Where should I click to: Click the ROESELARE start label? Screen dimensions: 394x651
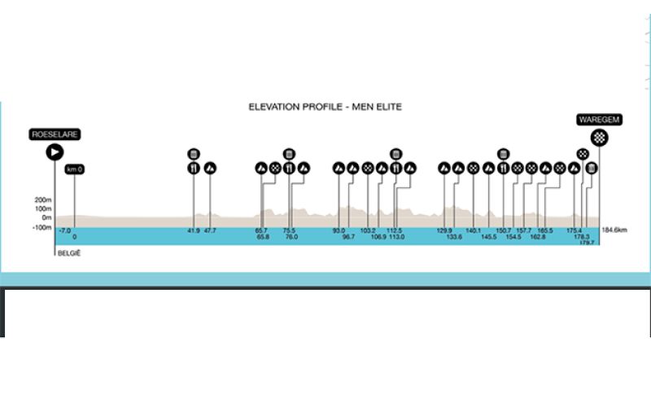click(x=55, y=134)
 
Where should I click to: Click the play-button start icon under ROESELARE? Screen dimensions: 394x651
click(x=55, y=151)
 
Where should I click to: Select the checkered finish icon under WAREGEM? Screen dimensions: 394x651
click(x=600, y=137)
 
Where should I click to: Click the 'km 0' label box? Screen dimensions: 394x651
click(x=75, y=169)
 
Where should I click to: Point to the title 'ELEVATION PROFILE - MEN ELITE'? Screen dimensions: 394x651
click(x=325, y=107)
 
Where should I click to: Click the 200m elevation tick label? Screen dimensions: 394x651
click(x=43, y=199)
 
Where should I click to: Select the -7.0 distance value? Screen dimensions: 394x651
click(x=65, y=230)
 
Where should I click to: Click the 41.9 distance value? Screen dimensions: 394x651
click(x=194, y=230)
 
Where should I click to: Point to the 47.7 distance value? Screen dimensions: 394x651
click(x=210, y=230)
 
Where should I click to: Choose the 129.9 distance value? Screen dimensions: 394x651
click(x=444, y=230)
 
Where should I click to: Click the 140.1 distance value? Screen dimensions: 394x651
click(x=473, y=230)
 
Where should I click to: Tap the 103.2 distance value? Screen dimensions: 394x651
click(x=368, y=230)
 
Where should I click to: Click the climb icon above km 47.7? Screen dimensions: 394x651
click(x=210, y=169)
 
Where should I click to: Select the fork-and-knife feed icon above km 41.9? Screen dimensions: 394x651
click(x=194, y=169)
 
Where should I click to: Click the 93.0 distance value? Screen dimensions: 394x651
click(x=339, y=230)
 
